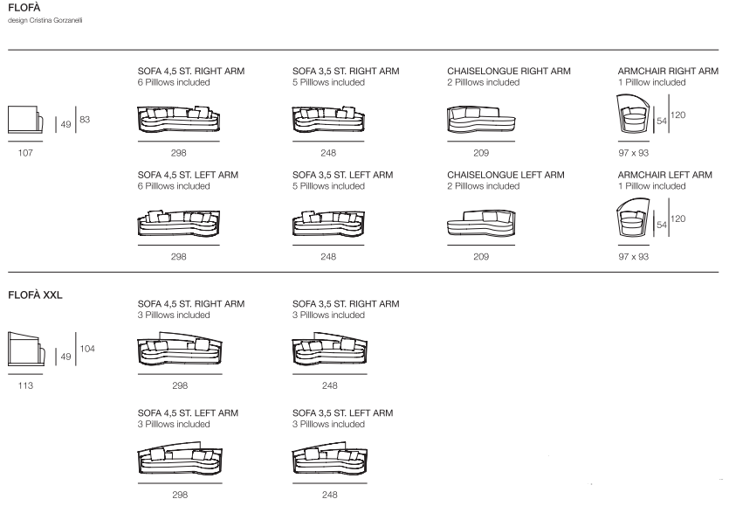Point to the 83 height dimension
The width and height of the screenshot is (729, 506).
pyautogui.click(x=85, y=119)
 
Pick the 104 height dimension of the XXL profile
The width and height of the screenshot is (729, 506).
pyautogui.click(x=86, y=350)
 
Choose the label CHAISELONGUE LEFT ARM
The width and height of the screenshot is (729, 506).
pyautogui.click(x=505, y=175)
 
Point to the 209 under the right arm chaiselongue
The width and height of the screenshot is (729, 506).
pyautogui.click(x=481, y=152)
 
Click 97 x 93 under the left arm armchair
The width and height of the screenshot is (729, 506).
pyautogui.click(x=633, y=257)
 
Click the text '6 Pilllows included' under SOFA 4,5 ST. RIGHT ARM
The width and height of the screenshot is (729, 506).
pyautogui.click(x=174, y=82)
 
